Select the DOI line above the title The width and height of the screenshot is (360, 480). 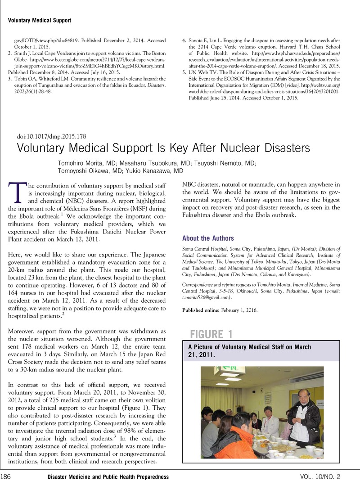tap(52, 136)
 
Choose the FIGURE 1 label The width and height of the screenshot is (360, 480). tap(211, 334)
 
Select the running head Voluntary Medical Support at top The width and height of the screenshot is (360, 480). tap(40, 20)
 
